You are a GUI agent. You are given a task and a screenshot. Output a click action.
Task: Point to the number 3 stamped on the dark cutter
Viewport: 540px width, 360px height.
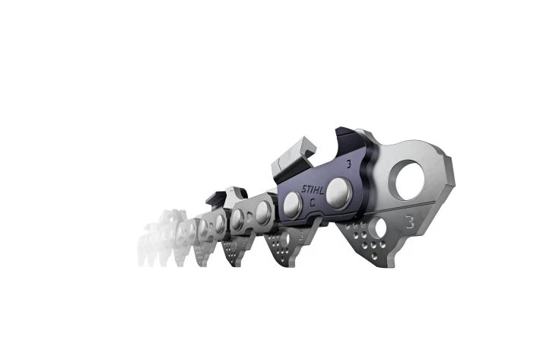pos(348,164)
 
